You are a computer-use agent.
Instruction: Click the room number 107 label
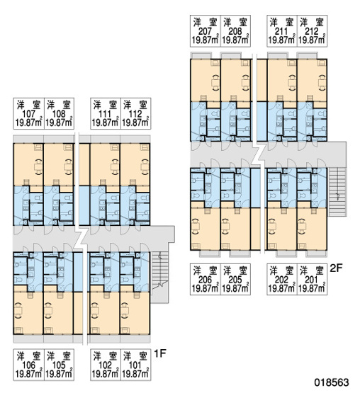29,114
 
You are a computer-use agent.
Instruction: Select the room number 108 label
59,114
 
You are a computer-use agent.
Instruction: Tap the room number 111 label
105,114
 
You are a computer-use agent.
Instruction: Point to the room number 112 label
135,114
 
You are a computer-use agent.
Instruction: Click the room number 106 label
29,365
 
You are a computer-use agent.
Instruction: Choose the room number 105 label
59,365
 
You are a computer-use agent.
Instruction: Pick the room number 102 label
105,365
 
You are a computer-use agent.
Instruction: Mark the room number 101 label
135,365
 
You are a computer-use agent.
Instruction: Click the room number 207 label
206,31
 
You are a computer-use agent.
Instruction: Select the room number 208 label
235,31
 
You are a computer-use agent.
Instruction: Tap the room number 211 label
281,31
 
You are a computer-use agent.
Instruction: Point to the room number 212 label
312,31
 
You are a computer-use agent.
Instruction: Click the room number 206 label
206,280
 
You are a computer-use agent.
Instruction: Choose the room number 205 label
235,280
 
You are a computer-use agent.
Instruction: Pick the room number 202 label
281,280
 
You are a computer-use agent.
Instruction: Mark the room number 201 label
312,280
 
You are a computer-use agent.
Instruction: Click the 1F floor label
160,353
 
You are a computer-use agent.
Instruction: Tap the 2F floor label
336,268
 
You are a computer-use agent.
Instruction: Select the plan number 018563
332,382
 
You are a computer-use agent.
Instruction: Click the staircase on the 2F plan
337,192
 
